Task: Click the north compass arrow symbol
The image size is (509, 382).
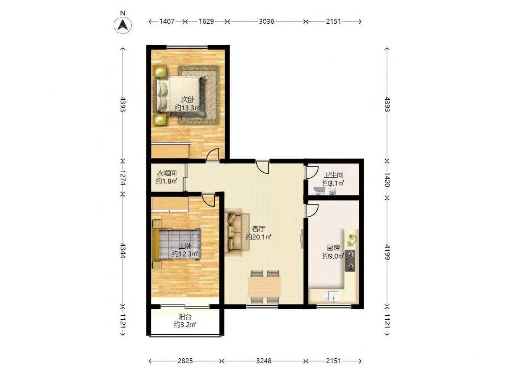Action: [x=123, y=25]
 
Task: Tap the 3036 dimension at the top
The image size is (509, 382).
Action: [x=267, y=21]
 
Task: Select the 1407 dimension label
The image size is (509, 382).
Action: [x=167, y=21]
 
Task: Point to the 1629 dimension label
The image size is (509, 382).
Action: [x=206, y=21]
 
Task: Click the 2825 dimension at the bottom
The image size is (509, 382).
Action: [x=185, y=361]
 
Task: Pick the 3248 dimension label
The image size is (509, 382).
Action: [x=264, y=361]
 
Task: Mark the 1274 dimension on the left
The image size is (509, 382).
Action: [x=123, y=178]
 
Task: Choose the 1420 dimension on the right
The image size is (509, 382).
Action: [x=387, y=179]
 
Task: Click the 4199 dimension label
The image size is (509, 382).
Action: [x=387, y=252]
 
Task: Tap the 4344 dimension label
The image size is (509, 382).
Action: [x=123, y=250]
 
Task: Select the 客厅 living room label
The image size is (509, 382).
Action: [x=259, y=229]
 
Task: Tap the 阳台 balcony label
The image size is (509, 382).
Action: [x=185, y=317]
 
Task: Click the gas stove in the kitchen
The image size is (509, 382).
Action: [x=350, y=261]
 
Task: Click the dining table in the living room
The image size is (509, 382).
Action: [x=264, y=286]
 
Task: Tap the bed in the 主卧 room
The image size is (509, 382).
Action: [x=176, y=244]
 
